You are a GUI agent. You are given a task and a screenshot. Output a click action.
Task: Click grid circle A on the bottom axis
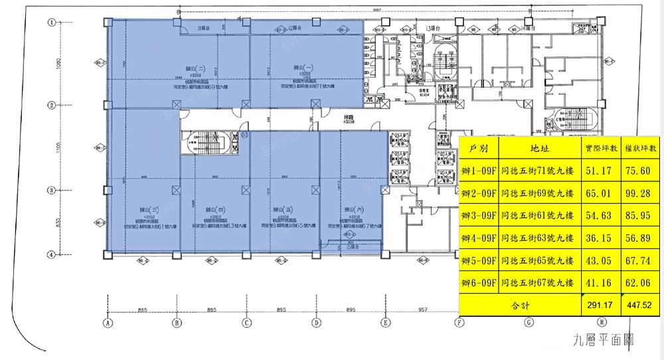click(x=106, y=323)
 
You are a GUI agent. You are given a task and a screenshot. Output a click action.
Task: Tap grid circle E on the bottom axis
click(x=384, y=323)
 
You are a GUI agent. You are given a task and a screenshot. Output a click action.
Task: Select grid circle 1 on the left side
click(x=51, y=22)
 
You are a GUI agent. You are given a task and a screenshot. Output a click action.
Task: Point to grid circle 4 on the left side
click(x=51, y=254)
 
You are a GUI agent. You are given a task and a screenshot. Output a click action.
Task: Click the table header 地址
click(x=540, y=148)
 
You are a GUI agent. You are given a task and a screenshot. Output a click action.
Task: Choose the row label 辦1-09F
click(x=479, y=171)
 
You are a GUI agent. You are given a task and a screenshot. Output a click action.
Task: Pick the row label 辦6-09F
click(x=479, y=283)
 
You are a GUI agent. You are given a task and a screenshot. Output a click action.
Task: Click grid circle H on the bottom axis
click(x=601, y=323)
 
